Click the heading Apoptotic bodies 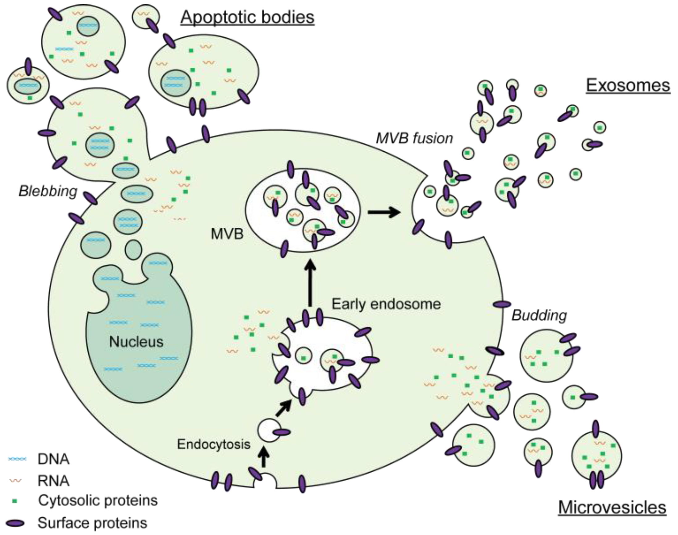(x=247, y=17)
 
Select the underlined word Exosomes (x=628, y=85)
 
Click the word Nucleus (x=136, y=342)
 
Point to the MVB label (x=227, y=234)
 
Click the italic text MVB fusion (x=414, y=138)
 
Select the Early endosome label (x=386, y=304)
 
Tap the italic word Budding (x=539, y=316)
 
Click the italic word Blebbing (x=48, y=191)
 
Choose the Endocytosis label (x=214, y=444)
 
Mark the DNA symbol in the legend (x=17, y=459)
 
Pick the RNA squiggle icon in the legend (x=15, y=481)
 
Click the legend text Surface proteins (x=92, y=523)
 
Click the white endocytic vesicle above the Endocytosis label (x=268, y=431)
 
